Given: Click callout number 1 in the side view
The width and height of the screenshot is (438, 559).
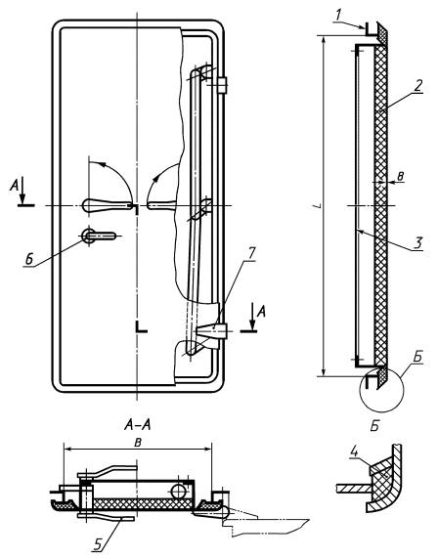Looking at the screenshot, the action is click(x=339, y=17).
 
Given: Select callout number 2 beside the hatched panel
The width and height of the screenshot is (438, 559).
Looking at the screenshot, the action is click(x=417, y=86).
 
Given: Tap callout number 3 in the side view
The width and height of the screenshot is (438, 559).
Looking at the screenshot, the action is click(x=417, y=242).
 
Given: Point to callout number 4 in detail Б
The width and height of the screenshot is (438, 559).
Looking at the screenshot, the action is click(x=354, y=452).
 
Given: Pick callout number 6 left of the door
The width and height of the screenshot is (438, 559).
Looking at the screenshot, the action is click(x=30, y=259).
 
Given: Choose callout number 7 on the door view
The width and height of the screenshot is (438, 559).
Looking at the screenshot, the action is click(x=251, y=254).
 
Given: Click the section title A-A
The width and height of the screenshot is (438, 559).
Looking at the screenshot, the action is click(x=138, y=424).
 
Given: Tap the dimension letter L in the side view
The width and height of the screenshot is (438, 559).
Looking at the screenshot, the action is click(x=319, y=206).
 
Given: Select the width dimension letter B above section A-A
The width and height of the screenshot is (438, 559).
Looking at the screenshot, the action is click(x=139, y=443).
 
